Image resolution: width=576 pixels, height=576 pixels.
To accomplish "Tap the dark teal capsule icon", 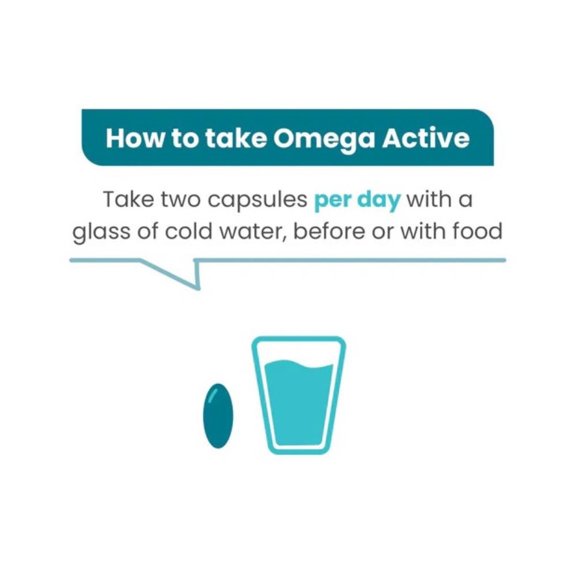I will click(x=217, y=416).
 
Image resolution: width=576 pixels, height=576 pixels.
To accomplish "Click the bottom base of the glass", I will click(x=298, y=449).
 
